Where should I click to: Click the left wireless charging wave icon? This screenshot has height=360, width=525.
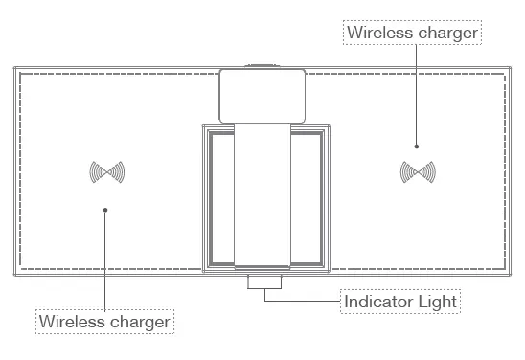pyautogui.click(x=107, y=172)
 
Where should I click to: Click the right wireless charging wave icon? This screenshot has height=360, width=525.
pyautogui.click(x=418, y=172)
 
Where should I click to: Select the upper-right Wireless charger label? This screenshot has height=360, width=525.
pyautogui.click(x=412, y=33)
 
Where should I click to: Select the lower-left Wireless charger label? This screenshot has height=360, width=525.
pyautogui.click(x=105, y=321)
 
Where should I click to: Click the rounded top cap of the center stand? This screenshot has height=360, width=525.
pyautogui.click(x=262, y=94)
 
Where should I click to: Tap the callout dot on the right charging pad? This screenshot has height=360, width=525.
pyautogui.click(x=417, y=146)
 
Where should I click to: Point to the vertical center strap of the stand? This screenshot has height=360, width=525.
pyautogui.click(x=262, y=191)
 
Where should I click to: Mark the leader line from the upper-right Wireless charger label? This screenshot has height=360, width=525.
pyautogui.click(x=417, y=96)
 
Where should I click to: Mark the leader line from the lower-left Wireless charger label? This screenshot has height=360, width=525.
pyautogui.click(x=105, y=259)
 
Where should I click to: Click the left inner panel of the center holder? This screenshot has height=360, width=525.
pyautogui.click(x=220, y=197)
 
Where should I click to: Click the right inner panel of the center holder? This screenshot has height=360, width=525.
pyautogui.click(x=307, y=197)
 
